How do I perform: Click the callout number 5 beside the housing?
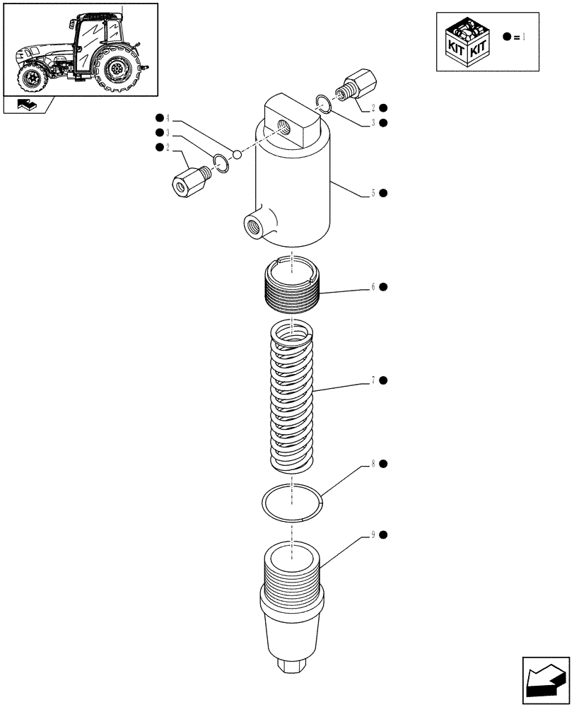point(372,193)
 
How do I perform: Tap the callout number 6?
point(372,287)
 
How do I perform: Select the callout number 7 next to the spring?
point(372,381)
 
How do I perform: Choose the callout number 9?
point(372,535)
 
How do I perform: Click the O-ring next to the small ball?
point(221,163)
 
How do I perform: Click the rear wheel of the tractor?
point(117,71)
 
